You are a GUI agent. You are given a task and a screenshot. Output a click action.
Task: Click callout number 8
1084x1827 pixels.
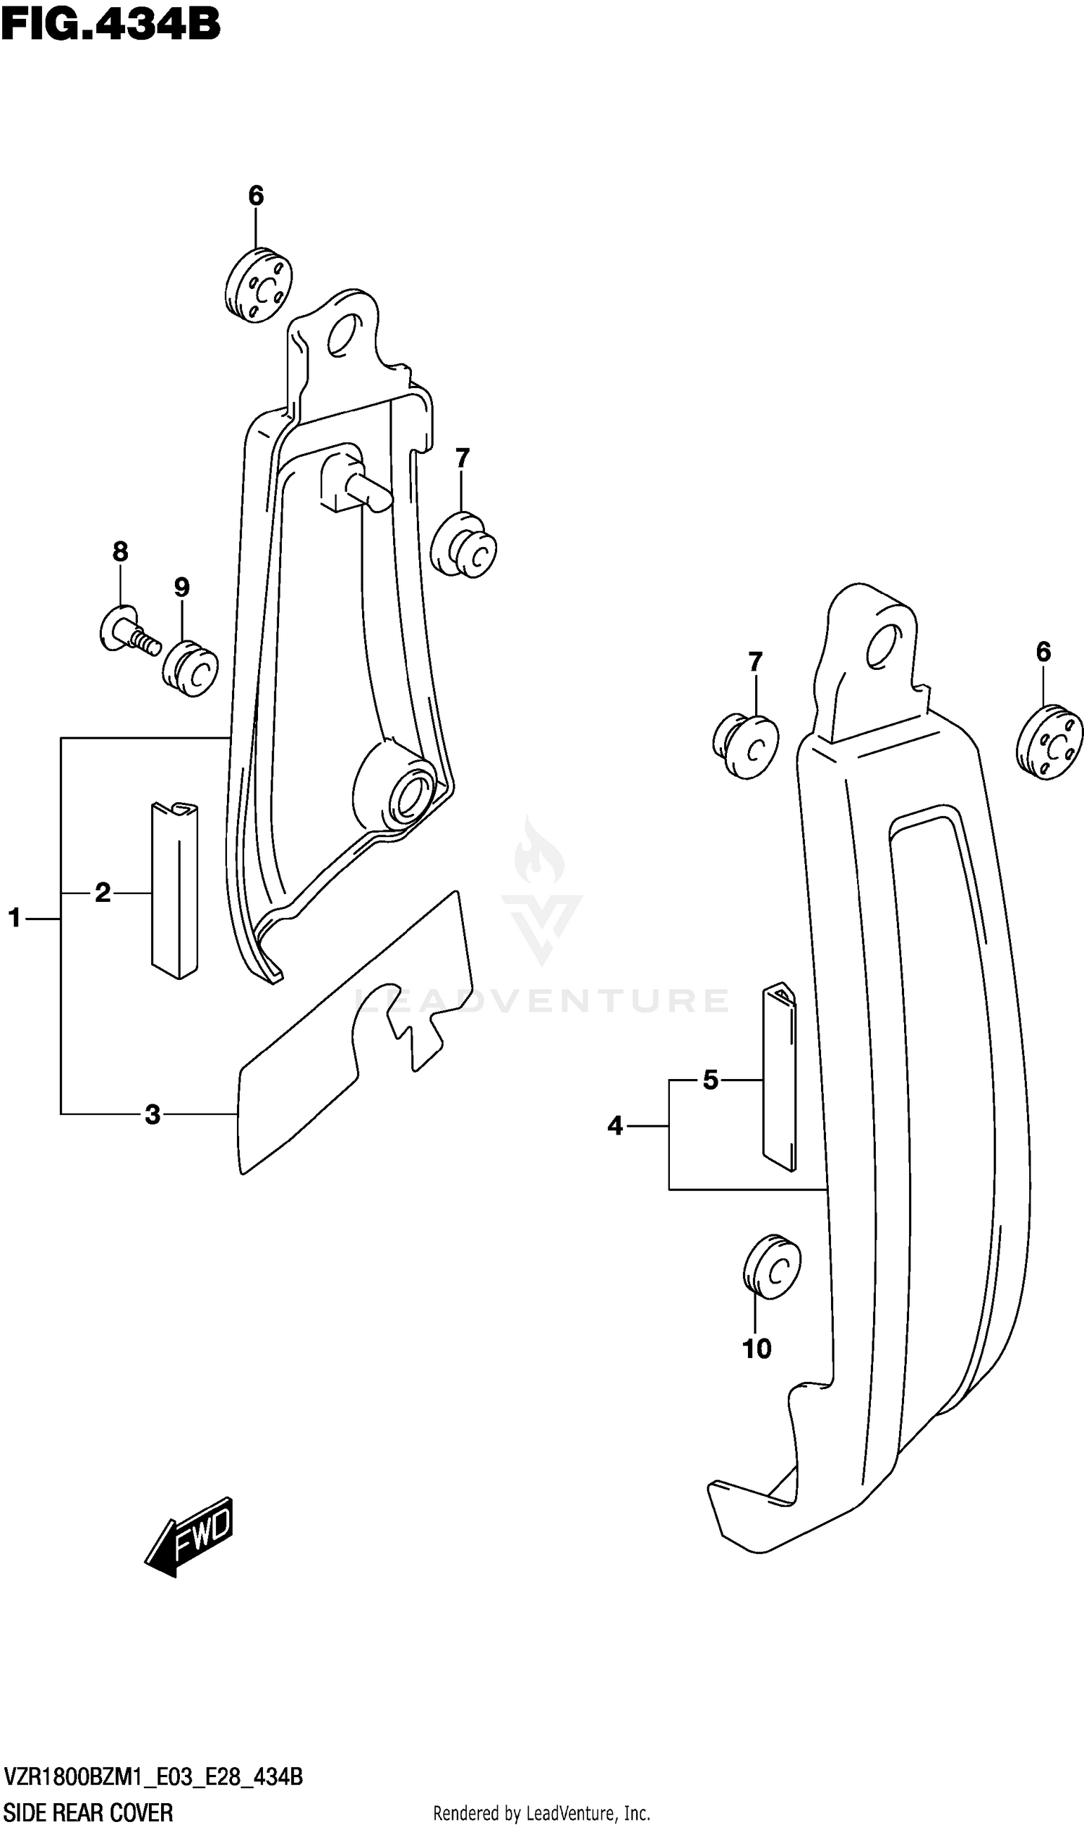[121, 551]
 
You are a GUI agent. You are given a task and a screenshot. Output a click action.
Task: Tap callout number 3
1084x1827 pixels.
[152, 1114]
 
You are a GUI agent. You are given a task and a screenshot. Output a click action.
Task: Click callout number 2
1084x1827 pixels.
[103, 892]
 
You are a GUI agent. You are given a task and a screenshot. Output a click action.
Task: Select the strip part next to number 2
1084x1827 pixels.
[175, 890]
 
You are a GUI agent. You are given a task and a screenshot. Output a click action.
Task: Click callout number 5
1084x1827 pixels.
[710, 1080]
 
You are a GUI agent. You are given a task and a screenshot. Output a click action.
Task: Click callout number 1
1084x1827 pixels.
[14, 918]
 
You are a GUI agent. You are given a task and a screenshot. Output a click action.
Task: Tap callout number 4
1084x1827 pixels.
[615, 1126]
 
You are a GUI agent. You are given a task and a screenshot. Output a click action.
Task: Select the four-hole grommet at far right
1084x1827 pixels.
[1049, 741]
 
